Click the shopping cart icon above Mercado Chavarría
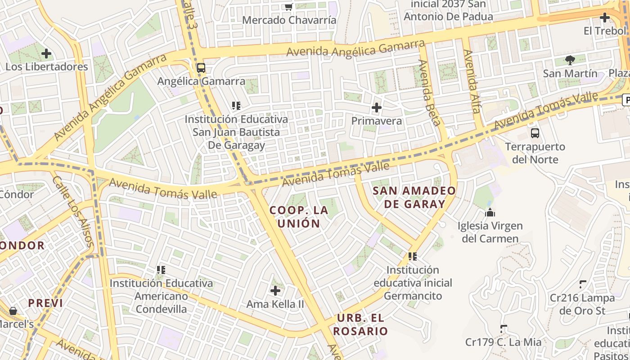tap(288, 7)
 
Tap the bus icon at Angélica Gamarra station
tap(201, 68)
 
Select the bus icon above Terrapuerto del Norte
tap(535, 133)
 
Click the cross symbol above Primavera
tap(377, 108)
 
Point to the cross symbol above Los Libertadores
tap(46, 54)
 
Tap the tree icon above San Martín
tap(570, 60)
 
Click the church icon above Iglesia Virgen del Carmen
tap(490, 212)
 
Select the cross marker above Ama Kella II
tap(275, 291)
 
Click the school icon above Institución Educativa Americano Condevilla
tap(161, 270)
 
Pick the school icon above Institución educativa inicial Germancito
tap(413, 256)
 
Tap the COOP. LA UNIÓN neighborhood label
tap(299, 216)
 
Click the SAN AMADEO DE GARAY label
tap(414, 197)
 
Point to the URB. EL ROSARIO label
tap(360, 324)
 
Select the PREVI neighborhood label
tap(45, 303)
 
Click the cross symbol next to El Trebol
tap(604, 18)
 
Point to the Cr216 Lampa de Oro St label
tap(582, 304)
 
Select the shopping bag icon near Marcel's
tap(13, 311)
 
